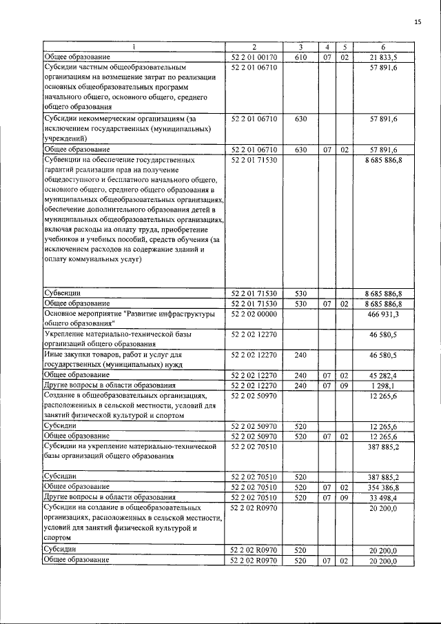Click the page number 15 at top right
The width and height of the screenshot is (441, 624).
[418, 23]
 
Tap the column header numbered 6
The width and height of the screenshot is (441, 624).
[383, 47]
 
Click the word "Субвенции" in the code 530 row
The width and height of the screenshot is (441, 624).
[62, 293]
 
